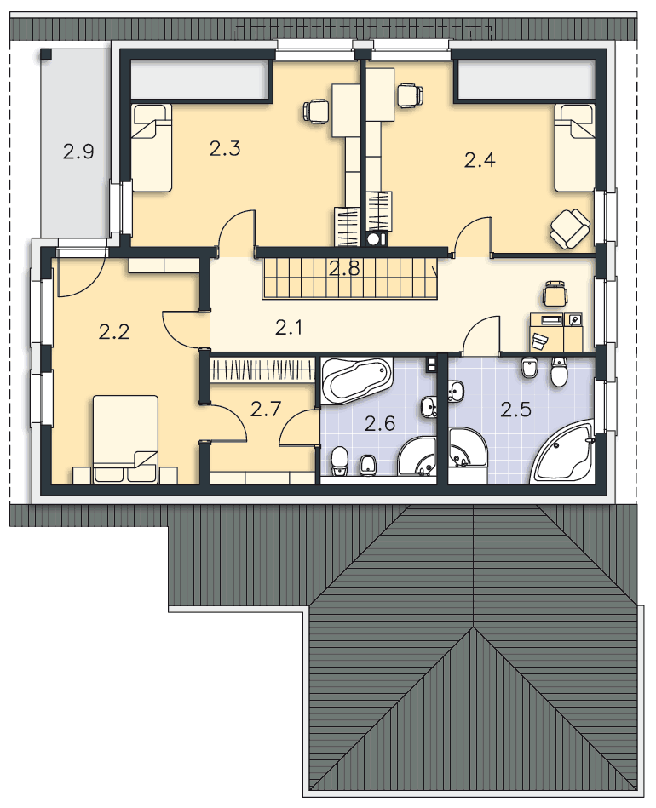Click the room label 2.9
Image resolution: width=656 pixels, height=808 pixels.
click(x=78, y=152)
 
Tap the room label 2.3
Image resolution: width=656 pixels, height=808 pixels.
click(x=225, y=148)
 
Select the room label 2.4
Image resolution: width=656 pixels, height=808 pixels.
click(x=480, y=160)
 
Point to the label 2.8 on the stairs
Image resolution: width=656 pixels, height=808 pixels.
click(x=344, y=268)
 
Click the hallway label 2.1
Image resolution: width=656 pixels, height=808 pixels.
click(x=289, y=327)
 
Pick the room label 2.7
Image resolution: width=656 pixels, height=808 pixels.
click(x=266, y=410)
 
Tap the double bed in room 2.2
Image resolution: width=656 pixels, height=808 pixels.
click(x=125, y=439)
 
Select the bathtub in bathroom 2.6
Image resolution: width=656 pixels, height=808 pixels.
click(x=356, y=380)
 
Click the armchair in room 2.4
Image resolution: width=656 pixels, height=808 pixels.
click(x=569, y=228)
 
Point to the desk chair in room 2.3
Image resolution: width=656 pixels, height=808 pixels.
click(x=315, y=112)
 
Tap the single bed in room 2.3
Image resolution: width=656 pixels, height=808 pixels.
click(x=151, y=148)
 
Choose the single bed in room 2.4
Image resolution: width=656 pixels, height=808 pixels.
click(x=575, y=148)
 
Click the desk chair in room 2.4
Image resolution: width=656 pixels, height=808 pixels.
click(x=410, y=96)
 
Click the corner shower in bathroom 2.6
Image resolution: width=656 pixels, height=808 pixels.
click(x=417, y=456)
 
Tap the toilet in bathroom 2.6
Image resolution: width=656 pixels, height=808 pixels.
click(x=339, y=461)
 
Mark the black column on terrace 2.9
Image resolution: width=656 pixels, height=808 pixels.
click(x=46, y=54)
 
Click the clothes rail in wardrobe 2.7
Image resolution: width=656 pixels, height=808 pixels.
click(x=263, y=370)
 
